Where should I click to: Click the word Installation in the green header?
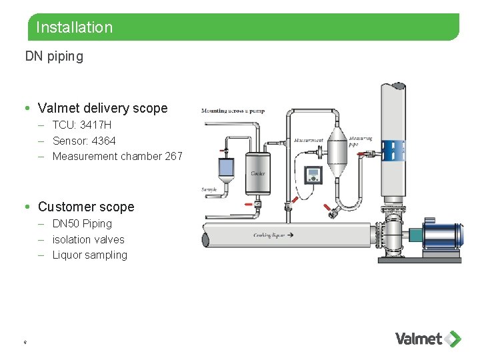(x=74, y=27)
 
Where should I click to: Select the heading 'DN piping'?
(x=54, y=57)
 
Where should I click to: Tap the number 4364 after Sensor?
(x=103, y=141)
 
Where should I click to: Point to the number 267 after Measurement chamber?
(x=173, y=156)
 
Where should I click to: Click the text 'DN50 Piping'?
(x=82, y=223)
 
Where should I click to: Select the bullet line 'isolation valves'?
(x=88, y=239)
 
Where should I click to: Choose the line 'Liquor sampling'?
(x=89, y=255)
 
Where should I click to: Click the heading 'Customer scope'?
(x=86, y=207)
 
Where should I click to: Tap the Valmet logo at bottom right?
(x=427, y=339)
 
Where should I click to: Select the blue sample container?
(x=227, y=167)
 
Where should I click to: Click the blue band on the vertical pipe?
(x=393, y=150)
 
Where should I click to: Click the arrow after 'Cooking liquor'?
(x=289, y=235)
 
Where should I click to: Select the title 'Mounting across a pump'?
(x=233, y=111)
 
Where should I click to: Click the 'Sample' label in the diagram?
(x=209, y=189)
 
